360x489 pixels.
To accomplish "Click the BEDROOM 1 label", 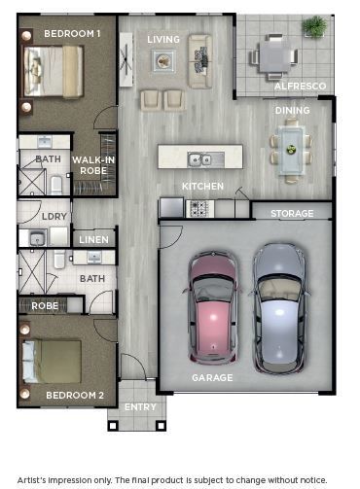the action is tap(72, 34).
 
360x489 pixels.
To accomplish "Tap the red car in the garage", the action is tap(213, 307).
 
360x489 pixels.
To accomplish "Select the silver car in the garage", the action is tap(279, 308).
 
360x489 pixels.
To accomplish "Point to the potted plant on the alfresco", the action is tap(314, 26).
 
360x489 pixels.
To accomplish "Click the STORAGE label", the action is tap(292, 214).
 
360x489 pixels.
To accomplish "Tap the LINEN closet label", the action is tap(93, 240).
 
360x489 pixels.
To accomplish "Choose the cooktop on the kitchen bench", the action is tap(199, 208).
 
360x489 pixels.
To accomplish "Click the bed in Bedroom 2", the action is tap(52, 361).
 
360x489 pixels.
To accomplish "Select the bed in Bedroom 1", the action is tap(54, 72).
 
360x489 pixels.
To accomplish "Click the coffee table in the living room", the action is tap(163, 61).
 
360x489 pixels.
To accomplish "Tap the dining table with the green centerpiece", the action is tap(291, 151).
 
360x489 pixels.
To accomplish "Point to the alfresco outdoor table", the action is tap(274, 57).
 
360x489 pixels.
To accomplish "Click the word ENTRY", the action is tap(140, 407).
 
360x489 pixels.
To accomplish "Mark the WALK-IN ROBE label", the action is tap(93, 165).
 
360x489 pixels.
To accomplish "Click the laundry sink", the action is tap(38, 238).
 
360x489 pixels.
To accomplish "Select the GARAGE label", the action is tap(212, 378).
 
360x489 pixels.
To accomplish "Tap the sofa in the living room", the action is tap(200, 61).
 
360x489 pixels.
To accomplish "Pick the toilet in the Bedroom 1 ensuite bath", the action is tap(56, 185).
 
